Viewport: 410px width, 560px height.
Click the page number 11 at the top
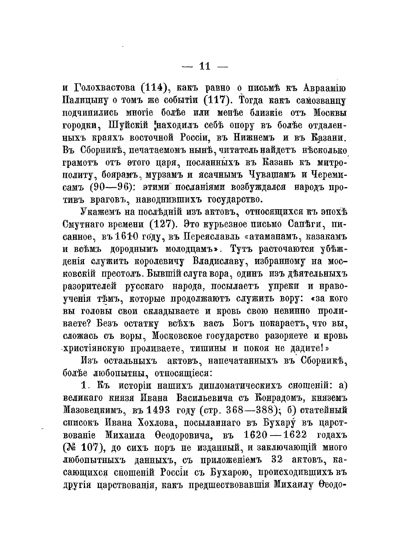204,66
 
